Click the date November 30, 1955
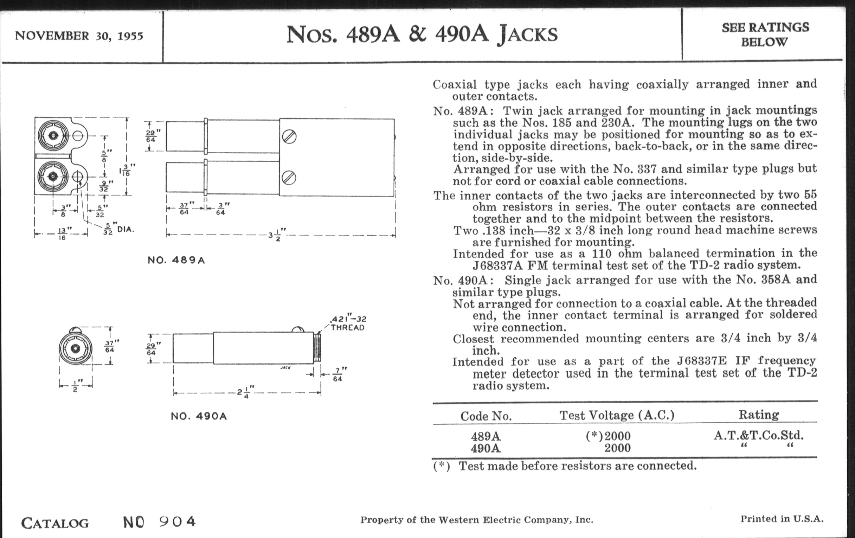coord(79,36)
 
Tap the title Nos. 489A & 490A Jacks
coord(422,35)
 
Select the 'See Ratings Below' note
coord(765,35)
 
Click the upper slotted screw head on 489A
coord(289,137)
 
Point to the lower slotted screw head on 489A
coord(289,178)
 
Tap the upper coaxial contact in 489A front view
coord(53,136)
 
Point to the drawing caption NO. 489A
coord(176,260)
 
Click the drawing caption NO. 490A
coord(199,416)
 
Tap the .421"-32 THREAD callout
coord(348,323)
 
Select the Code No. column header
coord(486,416)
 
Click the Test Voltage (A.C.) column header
coord(617,415)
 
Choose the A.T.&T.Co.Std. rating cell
coord(758,435)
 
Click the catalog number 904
coord(177,521)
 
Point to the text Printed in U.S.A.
coord(782,519)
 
